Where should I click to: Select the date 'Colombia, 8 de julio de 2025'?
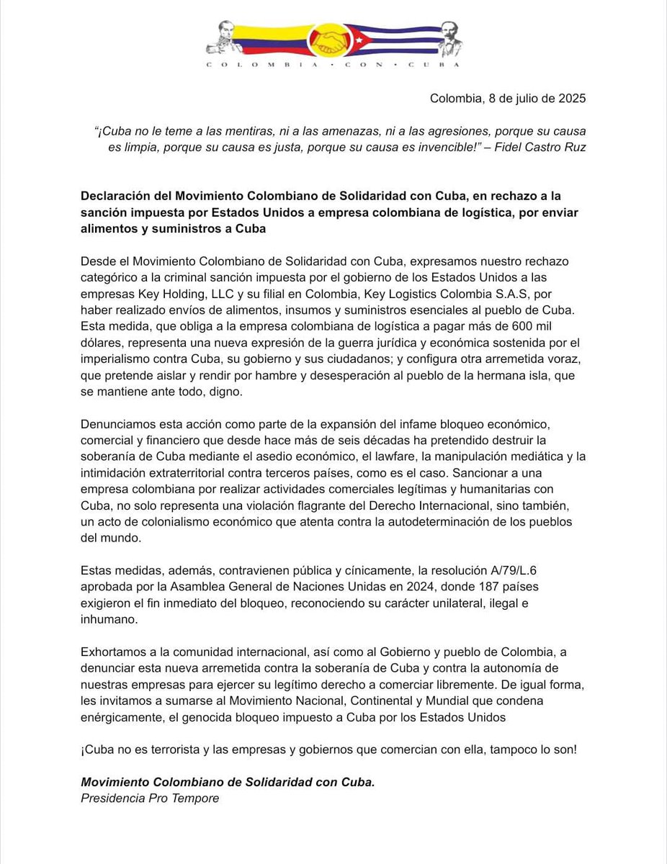click(508, 99)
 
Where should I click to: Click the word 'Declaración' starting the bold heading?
click(114, 197)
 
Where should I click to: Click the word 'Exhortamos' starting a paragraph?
click(115, 652)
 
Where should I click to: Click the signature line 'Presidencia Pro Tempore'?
click(149, 798)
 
